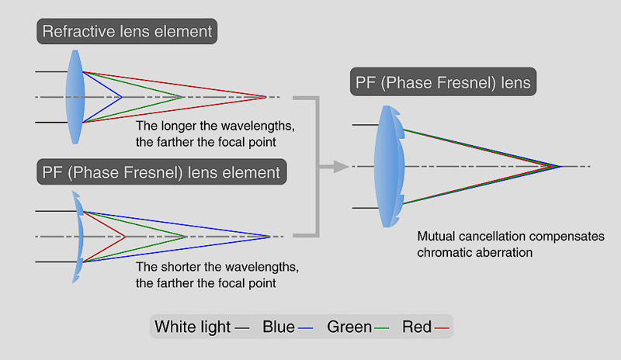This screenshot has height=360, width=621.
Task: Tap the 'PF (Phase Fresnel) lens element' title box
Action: coord(161,171)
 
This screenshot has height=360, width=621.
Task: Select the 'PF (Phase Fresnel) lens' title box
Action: coord(443,82)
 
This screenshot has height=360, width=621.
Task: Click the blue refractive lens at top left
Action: coord(75,96)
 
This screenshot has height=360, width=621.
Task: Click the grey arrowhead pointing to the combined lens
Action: coord(339,166)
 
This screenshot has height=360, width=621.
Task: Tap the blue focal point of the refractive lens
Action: coord(122,97)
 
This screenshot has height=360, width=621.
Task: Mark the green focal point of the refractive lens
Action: coord(183,97)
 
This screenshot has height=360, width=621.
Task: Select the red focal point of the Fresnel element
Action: coord(125,236)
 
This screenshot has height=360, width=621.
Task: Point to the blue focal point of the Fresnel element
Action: coord(269,236)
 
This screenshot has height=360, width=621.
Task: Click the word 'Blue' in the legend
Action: coord(279,327)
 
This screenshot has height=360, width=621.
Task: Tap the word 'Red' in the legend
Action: coord(417,327)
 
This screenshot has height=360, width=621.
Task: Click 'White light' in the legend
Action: coord(193,327)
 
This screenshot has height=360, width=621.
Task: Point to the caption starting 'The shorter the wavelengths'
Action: coord(217,275)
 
